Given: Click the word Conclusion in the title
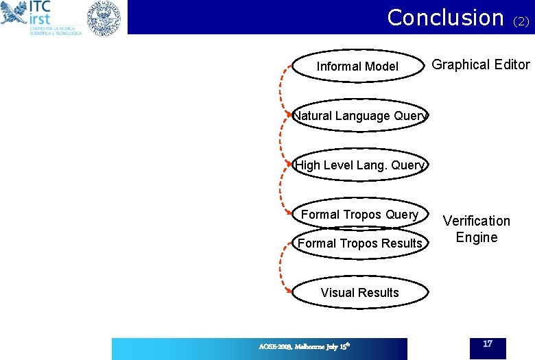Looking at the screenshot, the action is (x=445, y=17).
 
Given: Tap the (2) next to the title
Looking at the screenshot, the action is (x=521, y=22).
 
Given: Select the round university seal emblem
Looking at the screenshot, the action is (x=103, y=19).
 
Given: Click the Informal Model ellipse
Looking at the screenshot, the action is (x=357, y=67).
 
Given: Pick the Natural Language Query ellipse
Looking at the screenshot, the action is (x=359, y=116).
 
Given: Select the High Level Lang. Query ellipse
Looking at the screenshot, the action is (x=359, y=165).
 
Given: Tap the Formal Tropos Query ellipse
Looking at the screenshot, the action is (x=359, y=215).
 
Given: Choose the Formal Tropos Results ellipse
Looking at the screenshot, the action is (x=359, y=243).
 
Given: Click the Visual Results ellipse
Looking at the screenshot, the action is (x=359, y=293).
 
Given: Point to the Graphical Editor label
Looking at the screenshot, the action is (x=481, y=64).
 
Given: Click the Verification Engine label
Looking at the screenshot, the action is (x=477, y=229).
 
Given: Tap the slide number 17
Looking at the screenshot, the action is (x=488, y=343).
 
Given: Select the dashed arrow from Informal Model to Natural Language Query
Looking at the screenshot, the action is (x=282, y=91).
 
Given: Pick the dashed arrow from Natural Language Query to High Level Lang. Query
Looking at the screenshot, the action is (x=282, y=141).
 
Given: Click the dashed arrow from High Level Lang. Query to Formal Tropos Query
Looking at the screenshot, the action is (x=282, y=190).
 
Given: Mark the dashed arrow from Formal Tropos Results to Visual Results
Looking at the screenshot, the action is (x=282, y=268).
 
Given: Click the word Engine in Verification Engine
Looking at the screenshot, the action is (x=477, y=237).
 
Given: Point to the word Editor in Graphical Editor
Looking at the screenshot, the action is (x=509, y=64).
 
